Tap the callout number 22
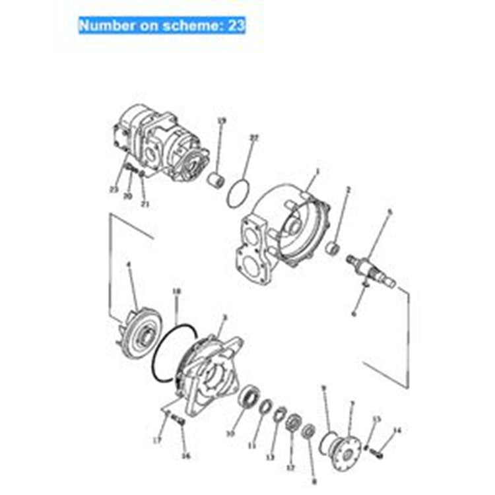[253, 138]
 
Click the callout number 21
[145, 204]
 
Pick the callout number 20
[128, 196]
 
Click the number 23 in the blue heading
[236, 25]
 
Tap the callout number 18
[176, 290]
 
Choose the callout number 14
[397, 430]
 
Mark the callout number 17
[157, 439]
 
